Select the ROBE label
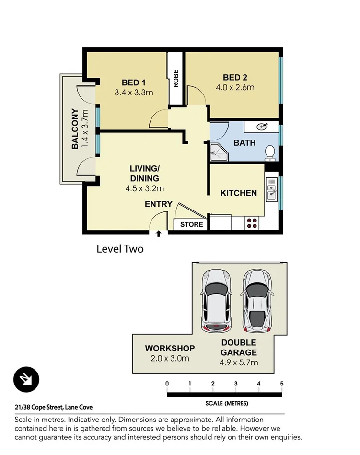(176, 79)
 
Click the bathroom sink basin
(262, 127)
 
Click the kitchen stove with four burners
(252, 222)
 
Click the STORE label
(191, 224)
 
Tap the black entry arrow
(159, 233)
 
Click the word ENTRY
(159, 204)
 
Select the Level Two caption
(120, 249)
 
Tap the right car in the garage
(257, 301)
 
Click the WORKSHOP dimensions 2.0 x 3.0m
(170, 358)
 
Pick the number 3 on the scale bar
(236, 384)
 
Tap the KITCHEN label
(238, 193)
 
